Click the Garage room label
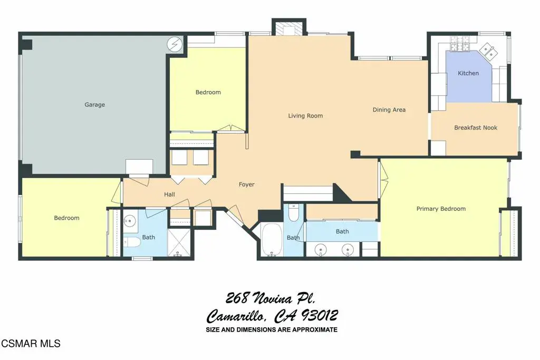click(95, 105)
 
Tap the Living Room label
click(305, 116)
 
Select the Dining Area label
click(389, 110)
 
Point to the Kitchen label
click(468, 73)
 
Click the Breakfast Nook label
click(476, 128)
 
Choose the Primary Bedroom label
click(441, 209)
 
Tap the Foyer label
click(247, 185)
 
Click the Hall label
click(169, 194)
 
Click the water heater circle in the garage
click(174, 44)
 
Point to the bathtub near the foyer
click(272, 239)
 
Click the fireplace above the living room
click(289, 28)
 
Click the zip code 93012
click(319, 315)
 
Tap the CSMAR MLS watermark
click(31, 344)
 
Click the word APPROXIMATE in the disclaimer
click(315, 330)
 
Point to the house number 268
click(237, 298)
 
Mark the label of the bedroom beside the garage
click(208, 92)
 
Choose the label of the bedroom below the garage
click(66, 218)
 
